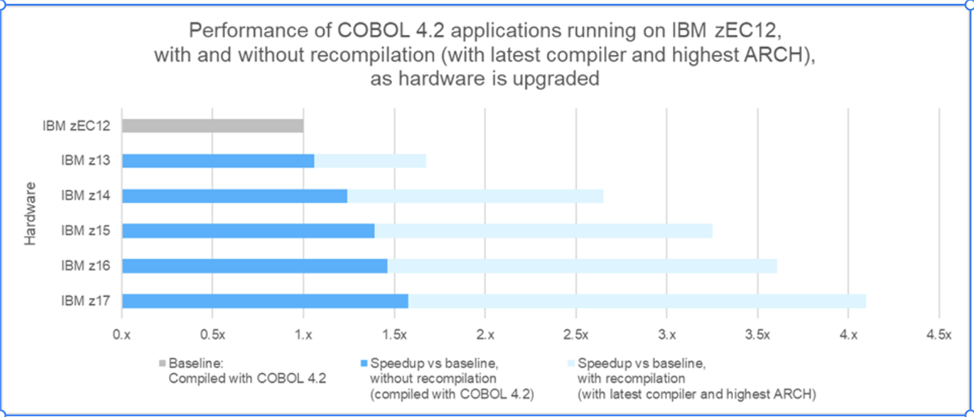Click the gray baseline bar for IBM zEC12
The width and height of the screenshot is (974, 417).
(213, 126)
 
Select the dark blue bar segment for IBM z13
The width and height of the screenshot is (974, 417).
(218, 161)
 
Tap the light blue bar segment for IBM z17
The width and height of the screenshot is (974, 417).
(637, 301)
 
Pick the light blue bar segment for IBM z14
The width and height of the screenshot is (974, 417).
(475, 196)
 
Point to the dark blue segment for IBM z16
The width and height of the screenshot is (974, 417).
(254, 266)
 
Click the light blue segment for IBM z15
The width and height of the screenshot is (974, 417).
(542, 231)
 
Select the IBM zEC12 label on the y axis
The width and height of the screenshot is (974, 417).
(78, 126)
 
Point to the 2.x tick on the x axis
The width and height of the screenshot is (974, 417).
(485, 333)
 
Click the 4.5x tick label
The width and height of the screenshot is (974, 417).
(938, 333)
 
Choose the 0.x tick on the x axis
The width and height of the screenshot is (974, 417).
(122, 333)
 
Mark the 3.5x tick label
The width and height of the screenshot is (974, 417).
(756, 333)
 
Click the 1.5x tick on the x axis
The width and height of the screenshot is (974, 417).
(394, 333)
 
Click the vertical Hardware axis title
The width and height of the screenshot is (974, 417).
(30, 213)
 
